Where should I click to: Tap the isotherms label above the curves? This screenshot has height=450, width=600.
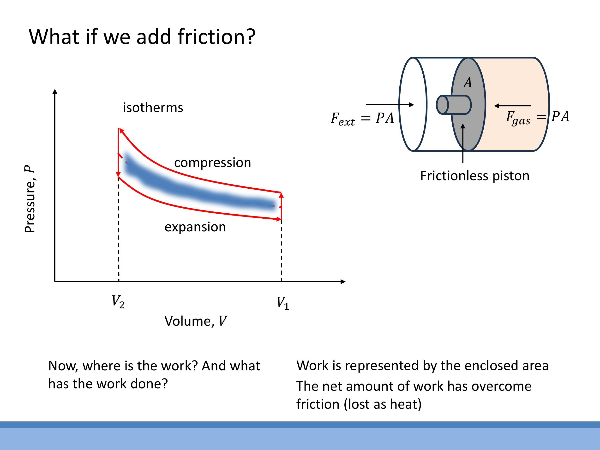(153, 108)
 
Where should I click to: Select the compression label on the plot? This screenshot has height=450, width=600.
(212, 163)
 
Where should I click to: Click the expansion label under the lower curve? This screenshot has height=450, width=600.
(195, 227)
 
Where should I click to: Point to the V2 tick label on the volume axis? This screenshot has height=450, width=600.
(118, 302)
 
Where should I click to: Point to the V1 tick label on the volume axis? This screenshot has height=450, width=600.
(283, 303)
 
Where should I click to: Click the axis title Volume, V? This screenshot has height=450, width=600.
(196, 321)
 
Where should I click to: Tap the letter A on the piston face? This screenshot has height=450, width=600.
(467, 83)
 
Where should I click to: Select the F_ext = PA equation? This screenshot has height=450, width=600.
(362, 119)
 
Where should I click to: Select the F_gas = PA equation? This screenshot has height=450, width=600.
(537, 117)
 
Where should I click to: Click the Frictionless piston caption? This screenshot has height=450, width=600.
(475, 176)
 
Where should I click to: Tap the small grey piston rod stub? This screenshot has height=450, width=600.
(454, 105)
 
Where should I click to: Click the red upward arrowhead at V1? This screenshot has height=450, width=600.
(281, 195)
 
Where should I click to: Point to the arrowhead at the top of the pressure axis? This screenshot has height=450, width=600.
(55, 91)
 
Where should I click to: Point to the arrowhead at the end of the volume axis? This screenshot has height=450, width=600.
(343, 282)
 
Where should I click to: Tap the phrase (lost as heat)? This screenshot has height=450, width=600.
(383, 404)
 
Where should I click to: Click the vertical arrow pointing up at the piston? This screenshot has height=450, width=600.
(463, 144)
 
